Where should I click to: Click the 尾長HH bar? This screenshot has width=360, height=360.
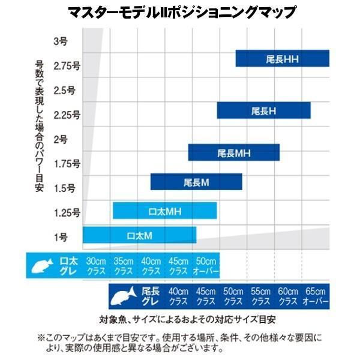[283, 58]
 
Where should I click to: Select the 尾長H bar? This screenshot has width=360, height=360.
[264, 110]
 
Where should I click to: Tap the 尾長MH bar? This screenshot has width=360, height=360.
[234, 152]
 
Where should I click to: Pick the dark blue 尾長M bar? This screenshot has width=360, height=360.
[196, 182]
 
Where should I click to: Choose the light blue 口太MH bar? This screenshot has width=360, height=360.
[165, 211]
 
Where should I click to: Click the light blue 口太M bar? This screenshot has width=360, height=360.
[140, 235]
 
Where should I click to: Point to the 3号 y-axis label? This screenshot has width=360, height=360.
[61, 41]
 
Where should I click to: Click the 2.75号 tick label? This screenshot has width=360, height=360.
[67, 66]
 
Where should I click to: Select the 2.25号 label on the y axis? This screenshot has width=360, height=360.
[67, 115]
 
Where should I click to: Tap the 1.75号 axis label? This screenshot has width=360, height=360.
[67, 164]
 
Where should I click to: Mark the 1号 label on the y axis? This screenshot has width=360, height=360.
[61, 237]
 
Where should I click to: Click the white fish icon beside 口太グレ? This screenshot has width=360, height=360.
[42, 266]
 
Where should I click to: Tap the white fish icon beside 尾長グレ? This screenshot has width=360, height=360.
[124, 296]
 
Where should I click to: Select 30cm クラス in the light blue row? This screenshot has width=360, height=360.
[96, 266]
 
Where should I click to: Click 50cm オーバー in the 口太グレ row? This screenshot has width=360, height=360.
[206, 266]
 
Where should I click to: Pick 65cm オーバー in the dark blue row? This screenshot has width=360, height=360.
[316, 296]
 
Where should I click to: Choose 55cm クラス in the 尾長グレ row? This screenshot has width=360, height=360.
[260, 296]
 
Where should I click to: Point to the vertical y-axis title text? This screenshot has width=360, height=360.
[39, 126]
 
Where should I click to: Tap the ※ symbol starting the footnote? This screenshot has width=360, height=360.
[41, 338]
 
